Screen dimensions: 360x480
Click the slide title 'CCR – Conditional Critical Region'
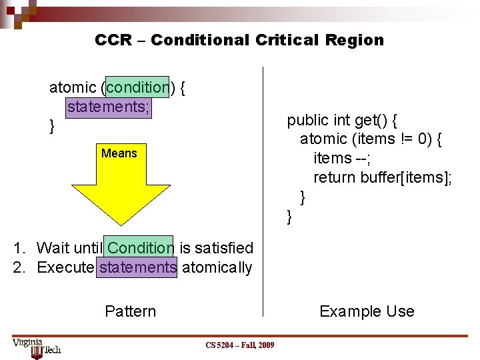coord(239,40)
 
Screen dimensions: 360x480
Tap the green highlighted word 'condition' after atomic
coord(137,87)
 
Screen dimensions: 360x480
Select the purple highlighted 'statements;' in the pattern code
coord(108,107)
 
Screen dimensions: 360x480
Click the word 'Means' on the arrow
coord(119,153)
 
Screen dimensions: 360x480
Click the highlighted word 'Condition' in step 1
coord(140,248)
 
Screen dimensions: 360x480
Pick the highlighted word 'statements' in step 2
coord(137,268)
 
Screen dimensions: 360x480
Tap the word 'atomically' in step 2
coord(217,268)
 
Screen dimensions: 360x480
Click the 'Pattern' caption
coord(131,311)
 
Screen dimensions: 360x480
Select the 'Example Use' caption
coord(367,311)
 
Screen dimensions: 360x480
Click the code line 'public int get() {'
coord(342,120)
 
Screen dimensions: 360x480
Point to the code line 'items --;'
coord(342,158)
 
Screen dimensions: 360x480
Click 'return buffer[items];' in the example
coord(382,177)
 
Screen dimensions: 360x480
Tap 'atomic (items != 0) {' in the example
coord(371,139)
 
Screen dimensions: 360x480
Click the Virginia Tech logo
coord(36,347)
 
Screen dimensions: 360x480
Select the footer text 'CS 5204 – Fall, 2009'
coord(239,345)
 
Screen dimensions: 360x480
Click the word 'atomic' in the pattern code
coord(73,87)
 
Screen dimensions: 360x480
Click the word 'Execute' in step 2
coord(65,268)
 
